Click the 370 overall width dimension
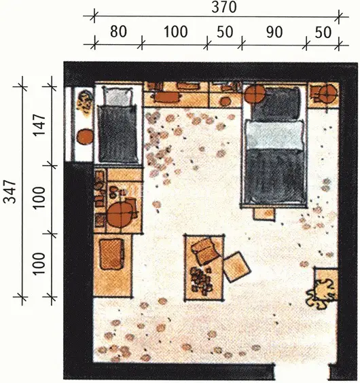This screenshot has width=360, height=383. coord(224,7)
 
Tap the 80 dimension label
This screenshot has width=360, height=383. coord(118,32)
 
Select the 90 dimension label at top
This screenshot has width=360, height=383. coord(274,32)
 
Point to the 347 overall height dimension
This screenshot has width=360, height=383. coord(10,191)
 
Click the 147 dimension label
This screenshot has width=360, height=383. coord(39,125)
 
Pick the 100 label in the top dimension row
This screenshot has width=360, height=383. coord(175,32)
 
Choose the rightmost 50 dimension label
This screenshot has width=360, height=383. coord(323,33)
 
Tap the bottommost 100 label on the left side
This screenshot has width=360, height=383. coord(39,263)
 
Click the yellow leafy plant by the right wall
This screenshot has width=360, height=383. coord(320,293)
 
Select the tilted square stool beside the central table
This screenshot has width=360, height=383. coord(236,267)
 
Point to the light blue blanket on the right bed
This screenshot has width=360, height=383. coord(274,135)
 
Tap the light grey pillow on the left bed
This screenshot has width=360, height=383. coord(118,96)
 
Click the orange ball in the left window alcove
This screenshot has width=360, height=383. coord(84,136)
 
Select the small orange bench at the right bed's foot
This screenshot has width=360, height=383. coord(264,214)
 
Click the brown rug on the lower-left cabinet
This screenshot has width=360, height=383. coord(111,254)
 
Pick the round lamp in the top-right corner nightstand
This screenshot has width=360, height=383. coord(328,94)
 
